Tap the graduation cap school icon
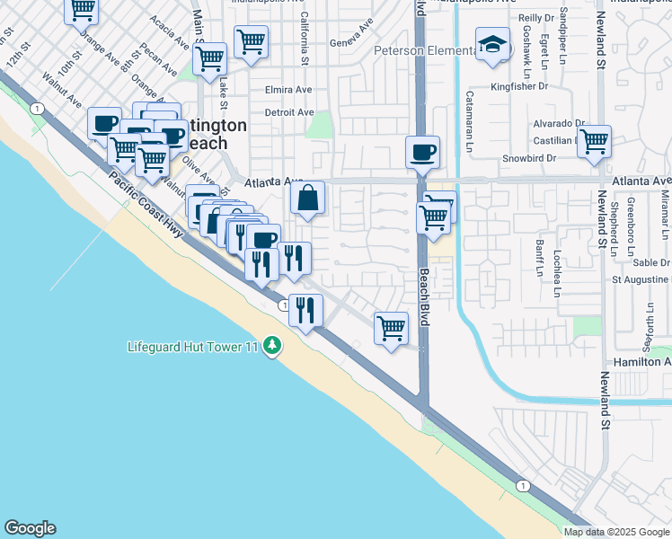click(x=492, y=45)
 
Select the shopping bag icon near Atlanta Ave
click(x=307, y=198)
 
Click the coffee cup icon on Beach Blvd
click(x=421, y=152)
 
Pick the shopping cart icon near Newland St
click(x=594, y=141)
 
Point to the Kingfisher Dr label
click(x=519, y=87)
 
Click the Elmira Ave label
click(x=289, y=90)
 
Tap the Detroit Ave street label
click(x=289, y=112)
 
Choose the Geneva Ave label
click(x=350, y=42)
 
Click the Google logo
click(x=30, y=528)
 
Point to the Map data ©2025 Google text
click(x=616, y=531)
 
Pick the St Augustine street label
click(x=641, y=279)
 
